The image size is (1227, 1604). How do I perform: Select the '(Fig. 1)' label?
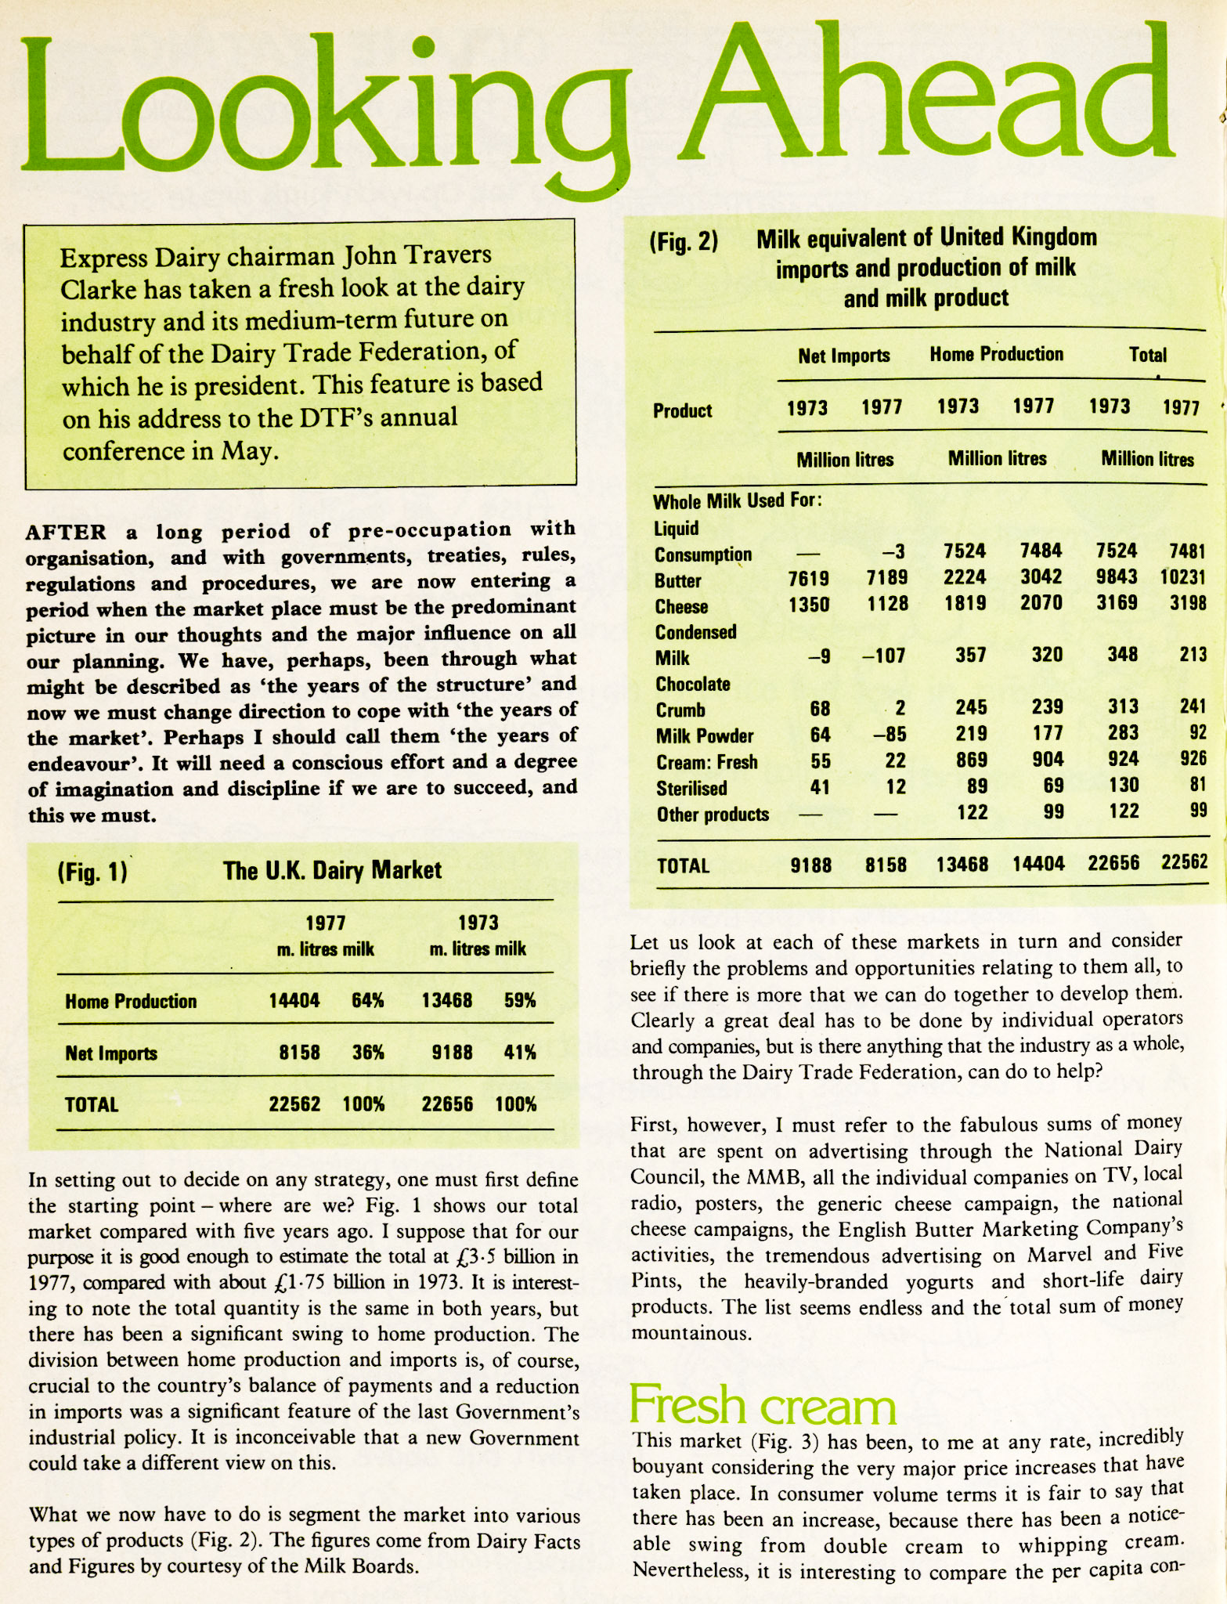coord(92,872)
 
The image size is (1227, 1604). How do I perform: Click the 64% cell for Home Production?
coord(367,1001)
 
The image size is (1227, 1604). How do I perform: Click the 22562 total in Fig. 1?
coord(294,1104)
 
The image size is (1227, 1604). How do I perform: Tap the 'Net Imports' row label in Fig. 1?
coord(111,1053)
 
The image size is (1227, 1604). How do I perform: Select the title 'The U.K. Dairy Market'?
coord(332,870)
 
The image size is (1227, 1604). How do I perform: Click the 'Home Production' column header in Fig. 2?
coord(996,355)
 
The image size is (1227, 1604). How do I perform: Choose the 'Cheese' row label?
coord(681,607)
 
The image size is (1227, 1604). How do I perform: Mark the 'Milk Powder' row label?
coord(705,736)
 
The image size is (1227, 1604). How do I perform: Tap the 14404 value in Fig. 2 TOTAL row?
coord(1038,864)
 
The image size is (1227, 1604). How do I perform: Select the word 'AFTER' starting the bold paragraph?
coord(66,533)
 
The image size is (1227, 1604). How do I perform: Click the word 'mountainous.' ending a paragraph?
coord(691,1334)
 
